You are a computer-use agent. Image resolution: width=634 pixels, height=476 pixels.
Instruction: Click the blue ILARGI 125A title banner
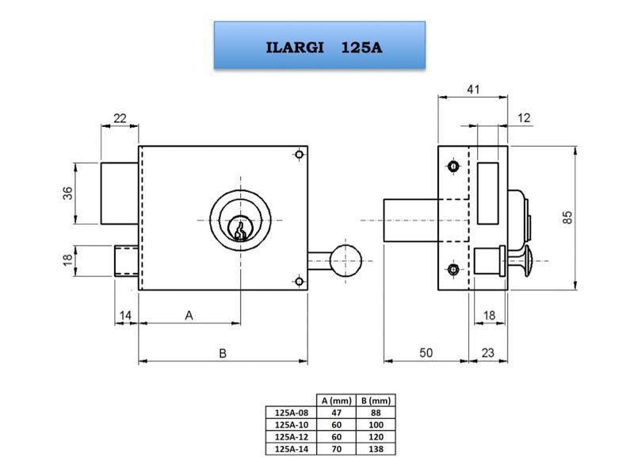click(x=320, y=46)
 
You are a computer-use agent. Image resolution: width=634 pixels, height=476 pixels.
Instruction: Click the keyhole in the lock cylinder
click(x=239, y=229)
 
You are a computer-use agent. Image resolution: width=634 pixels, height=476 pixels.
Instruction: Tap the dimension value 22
click(x=120, y=118)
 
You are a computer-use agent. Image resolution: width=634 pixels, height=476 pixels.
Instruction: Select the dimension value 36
click(x=69, y=193)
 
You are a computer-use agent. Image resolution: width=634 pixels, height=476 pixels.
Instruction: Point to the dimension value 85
click(x=567, y=217)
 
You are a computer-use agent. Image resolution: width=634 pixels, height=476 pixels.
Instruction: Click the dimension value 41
click(x=472, y=90)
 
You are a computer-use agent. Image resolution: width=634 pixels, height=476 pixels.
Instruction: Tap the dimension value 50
click(x=426, y=353)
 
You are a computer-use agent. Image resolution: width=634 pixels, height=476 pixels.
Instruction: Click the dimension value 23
click(x=488, y=353)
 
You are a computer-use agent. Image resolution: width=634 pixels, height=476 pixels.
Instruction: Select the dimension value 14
click(x=125, y=316)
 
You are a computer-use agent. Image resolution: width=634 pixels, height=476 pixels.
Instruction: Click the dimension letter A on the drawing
click(x=189, y=315)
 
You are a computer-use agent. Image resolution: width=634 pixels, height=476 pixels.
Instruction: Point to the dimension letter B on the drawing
click(x=223, y=353)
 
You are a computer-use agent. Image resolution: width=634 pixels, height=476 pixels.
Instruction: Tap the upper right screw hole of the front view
click(x=298, y=155)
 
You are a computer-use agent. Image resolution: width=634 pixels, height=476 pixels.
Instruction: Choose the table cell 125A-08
click(x=290, y=412)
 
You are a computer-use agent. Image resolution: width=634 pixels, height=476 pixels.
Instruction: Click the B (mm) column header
click(x=374, y=401)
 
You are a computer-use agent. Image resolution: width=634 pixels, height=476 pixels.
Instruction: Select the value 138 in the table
click(x=374, y=448)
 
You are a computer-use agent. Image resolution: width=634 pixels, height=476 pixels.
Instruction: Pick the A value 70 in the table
click(x=335, y=448)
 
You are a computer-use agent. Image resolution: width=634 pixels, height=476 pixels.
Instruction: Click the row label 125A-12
click(x=290, y=436)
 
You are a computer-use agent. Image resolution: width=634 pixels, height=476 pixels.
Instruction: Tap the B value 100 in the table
click(x=374, y=424)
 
